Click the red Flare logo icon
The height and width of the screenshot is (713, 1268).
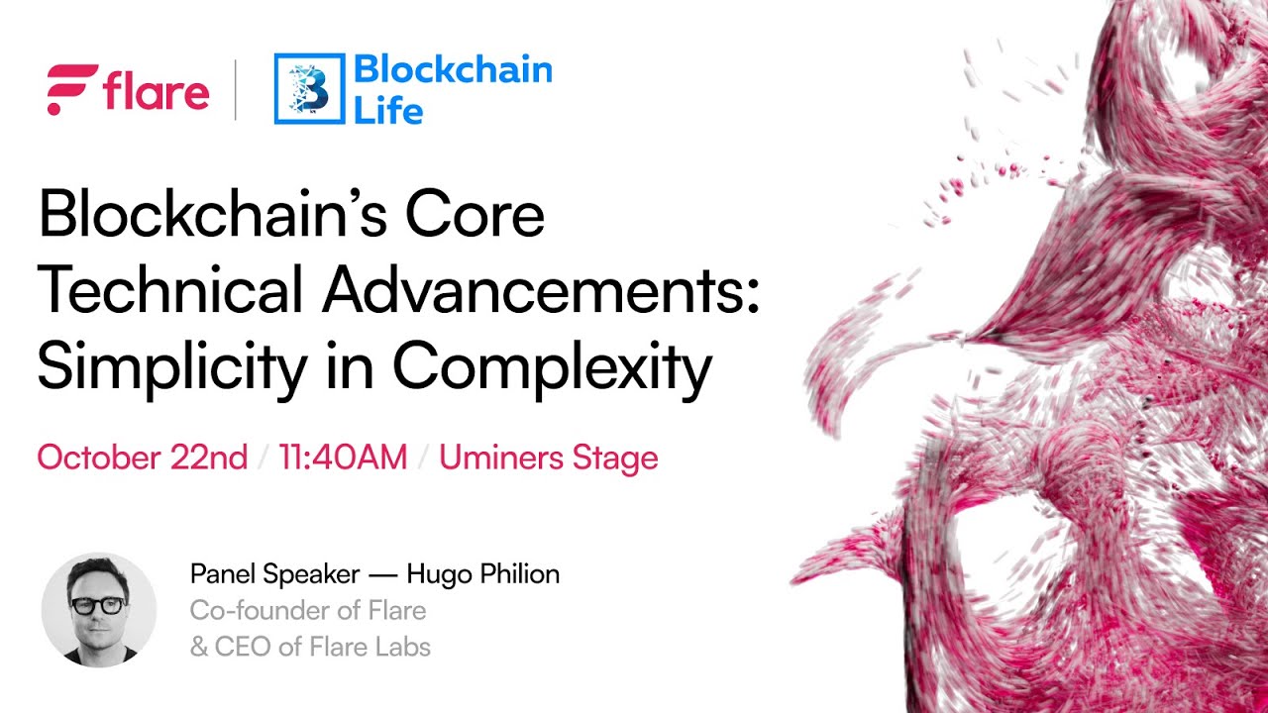(x=71, y=89)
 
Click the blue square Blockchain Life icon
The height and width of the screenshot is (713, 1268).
(x=309, y=89)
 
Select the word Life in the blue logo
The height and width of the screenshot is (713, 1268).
(x=388, y=109)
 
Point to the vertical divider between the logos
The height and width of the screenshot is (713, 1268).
(x=236, y=89)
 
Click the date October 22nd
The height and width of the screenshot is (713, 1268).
(x=143, y=458)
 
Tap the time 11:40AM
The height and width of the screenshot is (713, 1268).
(x=343, y=458)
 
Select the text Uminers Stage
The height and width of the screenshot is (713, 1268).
(x=549, y=458)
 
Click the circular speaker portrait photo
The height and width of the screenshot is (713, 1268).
(x=98, y=608)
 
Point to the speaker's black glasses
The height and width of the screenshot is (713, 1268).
(x=97, y=604)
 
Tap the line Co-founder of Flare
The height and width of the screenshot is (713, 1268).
(x=308, y=610)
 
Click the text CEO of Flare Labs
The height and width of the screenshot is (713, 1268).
(x=322, y=648)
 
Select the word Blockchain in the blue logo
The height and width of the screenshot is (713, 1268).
(x=453, y=69)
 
